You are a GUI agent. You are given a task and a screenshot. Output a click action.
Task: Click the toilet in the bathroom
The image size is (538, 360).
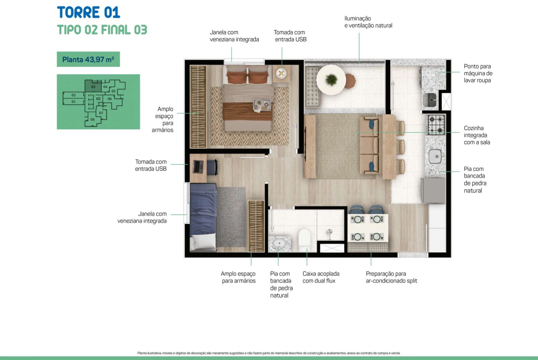click(x=304, y=240)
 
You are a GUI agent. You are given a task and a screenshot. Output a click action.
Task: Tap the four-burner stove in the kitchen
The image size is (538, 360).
click(x=436, y=124)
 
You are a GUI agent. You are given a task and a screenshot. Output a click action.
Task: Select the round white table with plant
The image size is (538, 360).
click(x=331, y=80)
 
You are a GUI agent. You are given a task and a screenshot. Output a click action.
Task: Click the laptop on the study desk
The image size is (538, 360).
click(x=198, y=167)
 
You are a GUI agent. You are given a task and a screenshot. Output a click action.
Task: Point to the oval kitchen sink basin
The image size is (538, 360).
click(x=435, y=156)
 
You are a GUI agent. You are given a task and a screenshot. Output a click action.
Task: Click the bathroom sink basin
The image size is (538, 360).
click(x=279, y=243)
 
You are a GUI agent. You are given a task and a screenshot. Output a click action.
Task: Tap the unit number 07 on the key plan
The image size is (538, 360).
click(x=101, y=113)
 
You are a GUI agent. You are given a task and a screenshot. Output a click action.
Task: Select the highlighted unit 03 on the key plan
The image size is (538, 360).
click(x=93, y=86)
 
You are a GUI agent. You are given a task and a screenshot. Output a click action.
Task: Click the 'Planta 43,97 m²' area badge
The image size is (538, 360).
click(x=88, y=59)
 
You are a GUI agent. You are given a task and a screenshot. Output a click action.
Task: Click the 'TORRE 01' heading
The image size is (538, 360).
click(x=88, y=13)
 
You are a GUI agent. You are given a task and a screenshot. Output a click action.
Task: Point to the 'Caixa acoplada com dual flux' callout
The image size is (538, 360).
click(x=321, y=277)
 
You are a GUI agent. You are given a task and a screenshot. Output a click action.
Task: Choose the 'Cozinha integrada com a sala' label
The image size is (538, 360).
click(x=477, y=135)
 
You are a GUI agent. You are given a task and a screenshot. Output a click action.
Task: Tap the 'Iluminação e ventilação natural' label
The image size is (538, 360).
click(x=368, y=22)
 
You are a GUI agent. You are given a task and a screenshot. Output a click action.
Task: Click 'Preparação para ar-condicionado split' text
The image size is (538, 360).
click(x=391, y=277)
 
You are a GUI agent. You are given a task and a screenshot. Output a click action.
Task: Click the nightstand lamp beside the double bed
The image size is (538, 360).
click(x=281, y=73)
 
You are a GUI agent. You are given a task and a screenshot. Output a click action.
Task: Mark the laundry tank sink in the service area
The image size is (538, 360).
click(x=430, y=100)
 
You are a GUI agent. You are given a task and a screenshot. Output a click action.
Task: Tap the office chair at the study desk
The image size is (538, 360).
click(x=213, y=167)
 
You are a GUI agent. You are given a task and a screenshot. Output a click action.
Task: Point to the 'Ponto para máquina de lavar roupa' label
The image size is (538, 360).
click(x=478, y=73)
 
